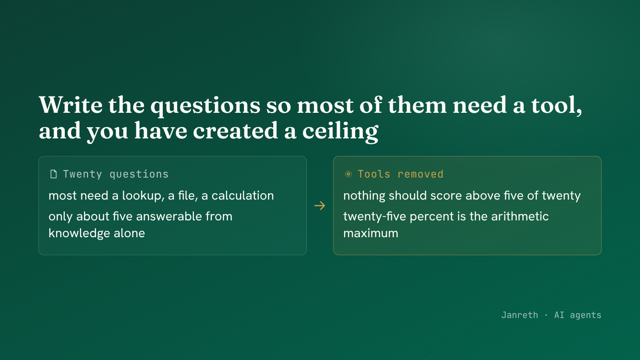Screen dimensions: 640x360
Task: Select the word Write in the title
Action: [70, 105]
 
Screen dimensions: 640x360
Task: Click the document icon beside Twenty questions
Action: [54, 174]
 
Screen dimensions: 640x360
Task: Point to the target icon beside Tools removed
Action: [348, 174]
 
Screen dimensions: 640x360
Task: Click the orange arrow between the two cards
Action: [320, 206]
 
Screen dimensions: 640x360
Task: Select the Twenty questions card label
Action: [116, 174]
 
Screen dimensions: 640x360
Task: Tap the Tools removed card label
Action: [400, 174]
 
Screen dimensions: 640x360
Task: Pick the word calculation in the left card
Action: [242, 196]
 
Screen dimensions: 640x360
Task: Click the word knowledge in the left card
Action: [79, 234]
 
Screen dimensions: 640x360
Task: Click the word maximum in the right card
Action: [371, 234]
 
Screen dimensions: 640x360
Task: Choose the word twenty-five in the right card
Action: [374, 216]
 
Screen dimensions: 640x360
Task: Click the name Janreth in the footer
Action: [520, 315]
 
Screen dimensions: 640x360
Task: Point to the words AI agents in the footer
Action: [578, 315]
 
